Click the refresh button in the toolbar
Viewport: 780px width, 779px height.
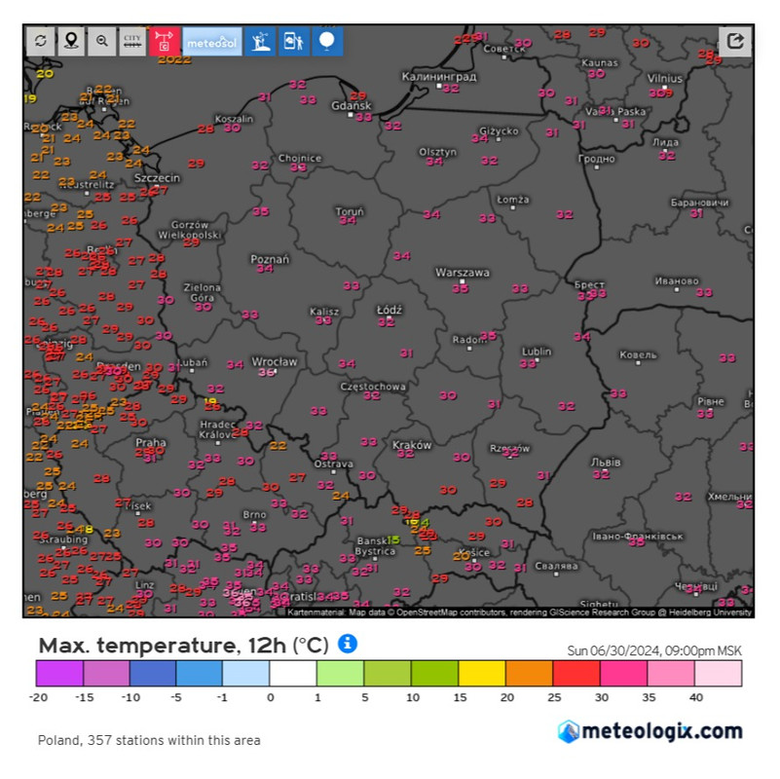[x=40, y=41]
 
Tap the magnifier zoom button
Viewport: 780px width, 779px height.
[x=101, y=41]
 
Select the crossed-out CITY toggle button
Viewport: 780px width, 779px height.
[x=132, y=41]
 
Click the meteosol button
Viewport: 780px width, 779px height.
[x=212, y=41]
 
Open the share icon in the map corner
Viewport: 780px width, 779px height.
[x=736, y=41]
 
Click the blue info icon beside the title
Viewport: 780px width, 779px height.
[x=348, y=644]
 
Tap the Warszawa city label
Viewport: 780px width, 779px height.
[x=462, y=273]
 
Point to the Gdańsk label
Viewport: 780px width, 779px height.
[x=352, y=105]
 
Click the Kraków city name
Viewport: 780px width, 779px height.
[x=411, y=445]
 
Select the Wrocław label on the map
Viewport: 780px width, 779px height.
[x=274, y=361]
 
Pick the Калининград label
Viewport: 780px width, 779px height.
[x=439, y=76]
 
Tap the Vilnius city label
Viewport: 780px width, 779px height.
[x=665, y=77]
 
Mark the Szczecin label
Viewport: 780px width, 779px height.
[x=158, y=179]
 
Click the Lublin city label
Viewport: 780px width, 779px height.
[x=537, y=352]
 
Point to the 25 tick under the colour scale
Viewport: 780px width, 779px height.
[x=552, y=697]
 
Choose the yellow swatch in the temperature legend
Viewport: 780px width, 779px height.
[x=481, y=674]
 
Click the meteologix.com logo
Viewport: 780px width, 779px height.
[x=650, y=731]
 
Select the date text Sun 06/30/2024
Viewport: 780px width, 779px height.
[x=615, y=651]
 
